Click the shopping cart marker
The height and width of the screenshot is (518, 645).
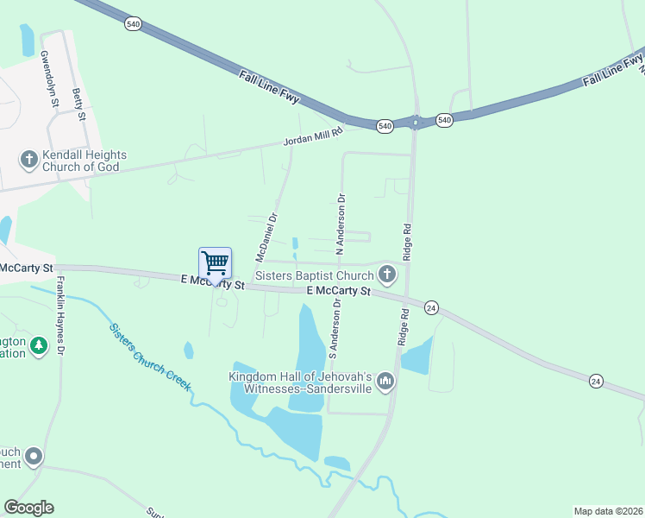pyautogui.click(x=214, y=262)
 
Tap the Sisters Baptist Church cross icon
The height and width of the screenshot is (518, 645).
pyautogui.click(x=387, y=275)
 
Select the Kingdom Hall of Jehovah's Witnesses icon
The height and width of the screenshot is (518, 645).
pyautogui.click(x=385, y=381)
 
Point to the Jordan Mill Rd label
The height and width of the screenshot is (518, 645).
pyautogui.click(x=314, y=136)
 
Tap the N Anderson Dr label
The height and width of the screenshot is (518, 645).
pyautogui.click(x=341, y=223)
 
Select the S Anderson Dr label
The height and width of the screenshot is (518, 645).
pyautogui.click(x=336, y=329)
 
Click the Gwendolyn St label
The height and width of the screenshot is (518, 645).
pyautogui.click(x=48, y=79)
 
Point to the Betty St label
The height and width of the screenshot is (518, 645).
pyautogui.click(x=79, y=104)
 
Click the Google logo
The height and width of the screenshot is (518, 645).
pyautogui.click(x=28, y=508)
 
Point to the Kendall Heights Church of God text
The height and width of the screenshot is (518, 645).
pyautogui.click(x=85, y=161)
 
